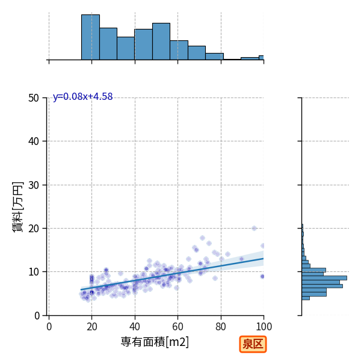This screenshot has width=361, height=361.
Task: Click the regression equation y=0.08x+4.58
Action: (82, 96)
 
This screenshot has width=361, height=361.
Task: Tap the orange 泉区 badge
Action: (253, 344)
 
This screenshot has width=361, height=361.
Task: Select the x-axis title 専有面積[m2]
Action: (155, 342)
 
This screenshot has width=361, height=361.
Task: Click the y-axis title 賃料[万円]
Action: (18, 206)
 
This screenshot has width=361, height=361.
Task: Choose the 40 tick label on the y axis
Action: (34, 141)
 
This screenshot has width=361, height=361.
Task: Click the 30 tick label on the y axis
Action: (34, 185)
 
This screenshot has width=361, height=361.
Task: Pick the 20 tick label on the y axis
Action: (34, 229)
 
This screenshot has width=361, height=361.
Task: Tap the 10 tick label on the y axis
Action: (34, 272)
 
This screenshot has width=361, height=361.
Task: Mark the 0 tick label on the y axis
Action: (37, 316)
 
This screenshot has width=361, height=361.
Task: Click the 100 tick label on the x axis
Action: (264, 327)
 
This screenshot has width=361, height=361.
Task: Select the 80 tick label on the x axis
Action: (221, 327)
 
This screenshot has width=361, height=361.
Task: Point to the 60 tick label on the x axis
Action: (177, 327)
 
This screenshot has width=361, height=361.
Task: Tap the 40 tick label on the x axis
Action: (135, 327)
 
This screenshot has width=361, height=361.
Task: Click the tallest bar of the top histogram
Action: (90, 37)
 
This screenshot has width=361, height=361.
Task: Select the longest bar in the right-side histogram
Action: (324, 278)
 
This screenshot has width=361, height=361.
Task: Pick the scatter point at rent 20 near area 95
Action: (254, 228)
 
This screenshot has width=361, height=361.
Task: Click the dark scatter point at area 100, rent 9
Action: (262, 276)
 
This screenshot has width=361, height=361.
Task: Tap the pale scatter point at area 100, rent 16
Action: (262, 245)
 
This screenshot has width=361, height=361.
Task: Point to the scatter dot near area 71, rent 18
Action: (202, 238)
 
